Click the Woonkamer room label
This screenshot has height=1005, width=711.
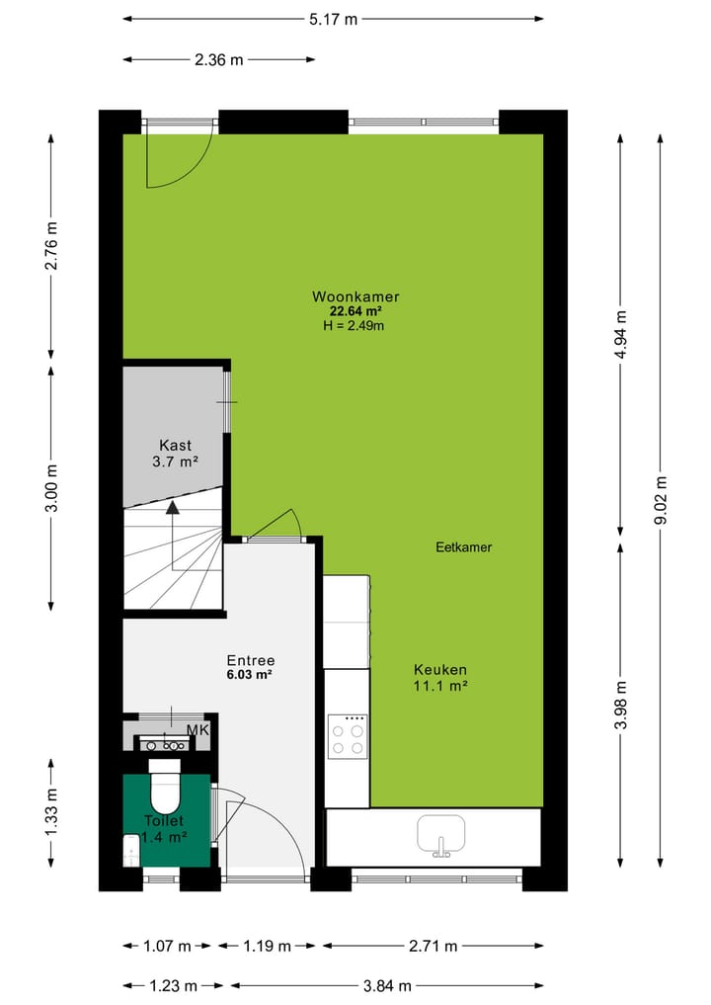355,296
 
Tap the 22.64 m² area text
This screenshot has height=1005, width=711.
355,311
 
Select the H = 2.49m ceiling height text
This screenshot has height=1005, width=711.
355,325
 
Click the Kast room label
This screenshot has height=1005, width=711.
175,445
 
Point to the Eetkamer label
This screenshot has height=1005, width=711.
463,546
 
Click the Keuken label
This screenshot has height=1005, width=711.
439,669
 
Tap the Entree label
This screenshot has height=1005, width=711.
250,660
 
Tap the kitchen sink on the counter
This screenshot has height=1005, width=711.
441,833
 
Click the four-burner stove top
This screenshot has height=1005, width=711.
348,734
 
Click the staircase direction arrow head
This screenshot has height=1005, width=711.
173,508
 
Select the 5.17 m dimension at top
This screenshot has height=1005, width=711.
332,18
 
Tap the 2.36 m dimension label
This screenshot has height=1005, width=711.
219,59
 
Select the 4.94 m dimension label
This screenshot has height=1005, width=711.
620,335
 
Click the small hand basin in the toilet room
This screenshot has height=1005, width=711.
131,850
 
